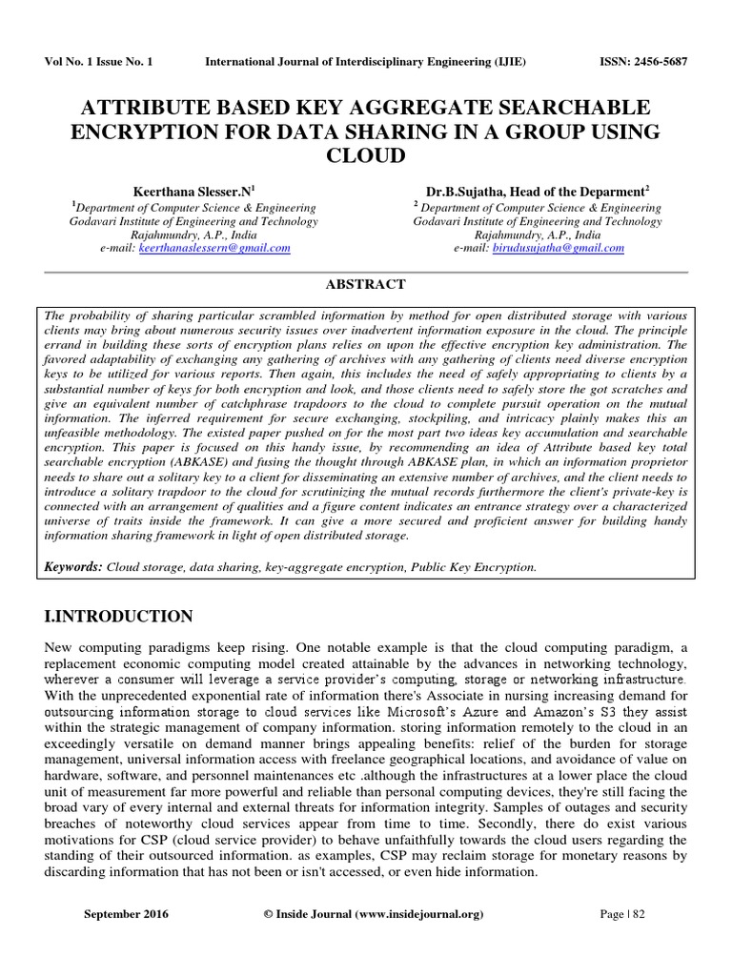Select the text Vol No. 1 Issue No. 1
click(x=98, y=62)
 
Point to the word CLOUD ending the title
click(x=366, y=155)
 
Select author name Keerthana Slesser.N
click(x=192, y=192)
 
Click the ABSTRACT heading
click(x=366, y=284)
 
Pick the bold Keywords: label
click(x=73, y=566)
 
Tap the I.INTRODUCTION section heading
click(x=119, y=616)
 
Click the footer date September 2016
click(x=126, y=914)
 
